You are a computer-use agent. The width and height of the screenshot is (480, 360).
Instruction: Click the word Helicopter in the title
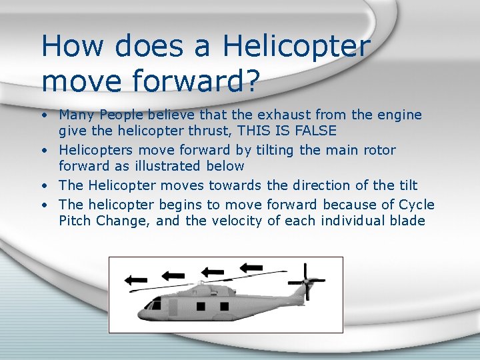coord(296,47)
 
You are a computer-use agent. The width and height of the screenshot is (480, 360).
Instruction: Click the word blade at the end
coord(406,221)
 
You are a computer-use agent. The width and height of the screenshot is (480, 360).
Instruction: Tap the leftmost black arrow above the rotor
coord(137,280)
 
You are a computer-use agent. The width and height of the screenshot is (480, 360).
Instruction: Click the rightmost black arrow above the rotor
coord(252,267)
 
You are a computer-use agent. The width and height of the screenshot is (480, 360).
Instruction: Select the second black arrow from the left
coord(173,275)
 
